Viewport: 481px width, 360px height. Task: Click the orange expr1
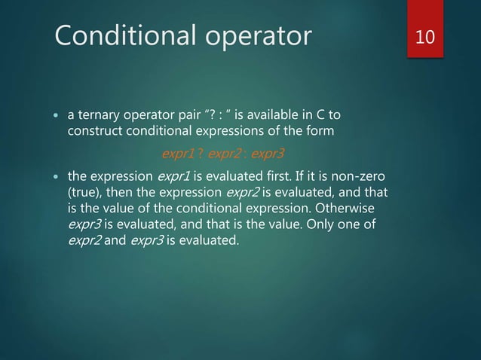tap(178, 155)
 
